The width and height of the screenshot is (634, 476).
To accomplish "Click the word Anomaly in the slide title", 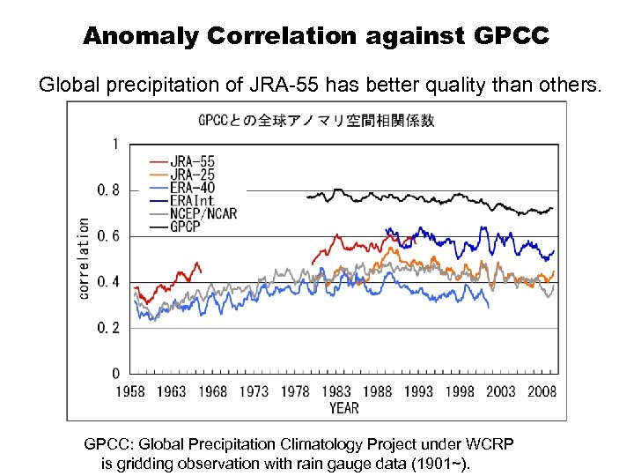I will [141, 36].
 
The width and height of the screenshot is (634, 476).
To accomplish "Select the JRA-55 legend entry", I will [193, 161].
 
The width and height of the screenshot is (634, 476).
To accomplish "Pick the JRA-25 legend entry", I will [193, 175].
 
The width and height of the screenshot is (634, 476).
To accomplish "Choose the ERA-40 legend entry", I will [193, 188].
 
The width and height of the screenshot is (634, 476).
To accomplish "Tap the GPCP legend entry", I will [187, 227].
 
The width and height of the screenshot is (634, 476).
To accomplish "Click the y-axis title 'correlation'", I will [84, 258].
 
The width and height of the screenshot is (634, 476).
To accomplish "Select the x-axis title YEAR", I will [343, 407].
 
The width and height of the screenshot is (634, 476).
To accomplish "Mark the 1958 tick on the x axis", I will [131, 391].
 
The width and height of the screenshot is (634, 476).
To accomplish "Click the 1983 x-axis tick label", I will [337, 391].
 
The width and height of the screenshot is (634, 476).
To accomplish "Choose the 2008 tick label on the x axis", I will [542, 391].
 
